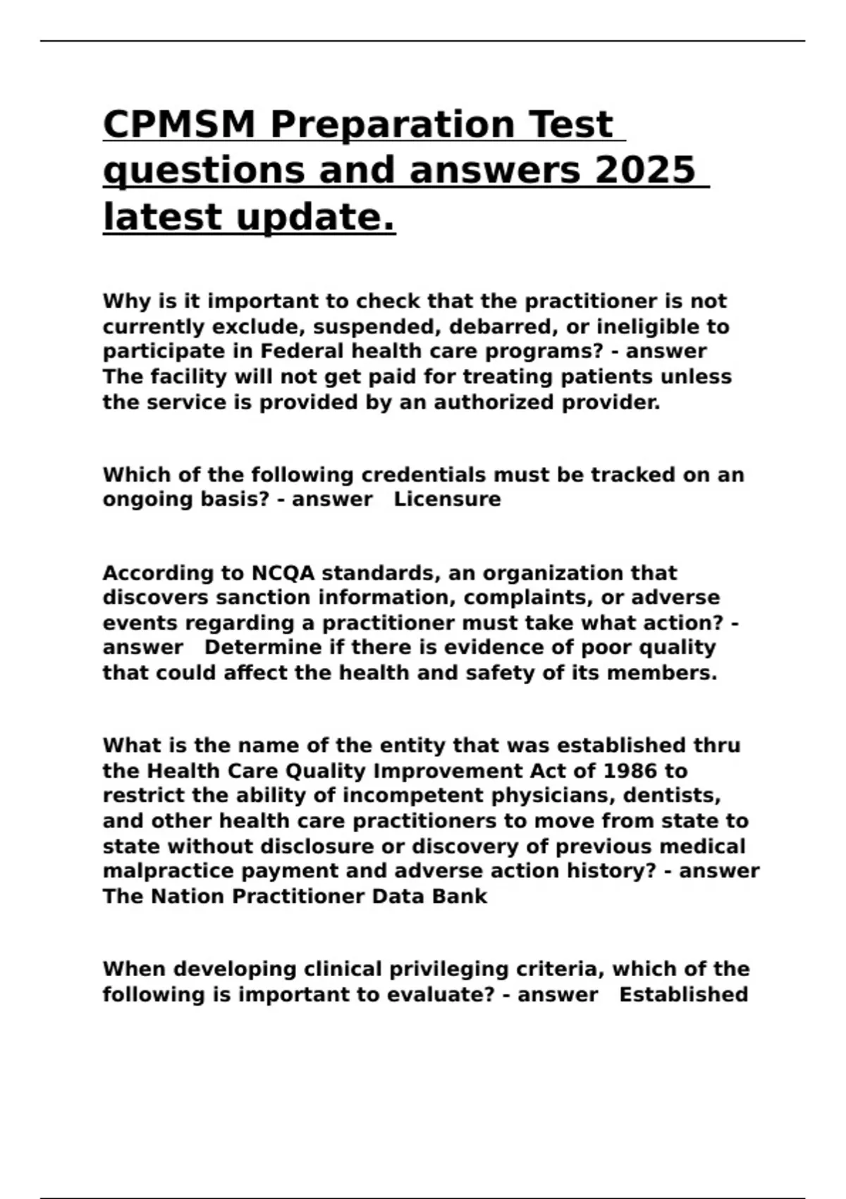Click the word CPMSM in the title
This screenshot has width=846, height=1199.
click(x=179, y=124)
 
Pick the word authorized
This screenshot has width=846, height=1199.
click(x=494, y=402)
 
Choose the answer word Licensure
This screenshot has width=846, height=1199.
click(x=447, y=499)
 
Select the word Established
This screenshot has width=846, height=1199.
click(x=683, y=994)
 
